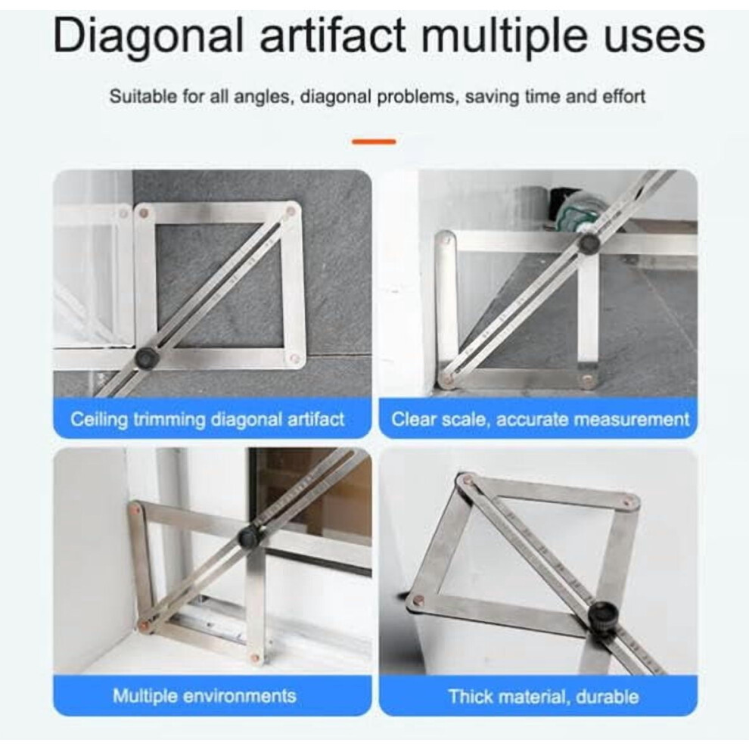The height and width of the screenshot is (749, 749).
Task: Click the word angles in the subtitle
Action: point(262,98)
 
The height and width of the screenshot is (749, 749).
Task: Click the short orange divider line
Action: point(374,141)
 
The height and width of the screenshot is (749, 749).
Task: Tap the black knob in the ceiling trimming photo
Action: point(145,358)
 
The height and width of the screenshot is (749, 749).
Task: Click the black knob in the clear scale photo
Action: point(589,243)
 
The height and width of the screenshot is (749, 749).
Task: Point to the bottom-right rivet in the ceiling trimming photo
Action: point(295,359)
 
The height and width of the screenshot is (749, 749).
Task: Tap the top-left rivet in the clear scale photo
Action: point(445,236)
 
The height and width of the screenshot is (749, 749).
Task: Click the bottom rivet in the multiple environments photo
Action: point(255,658)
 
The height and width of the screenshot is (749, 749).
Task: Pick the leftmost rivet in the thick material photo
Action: point(418,597)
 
